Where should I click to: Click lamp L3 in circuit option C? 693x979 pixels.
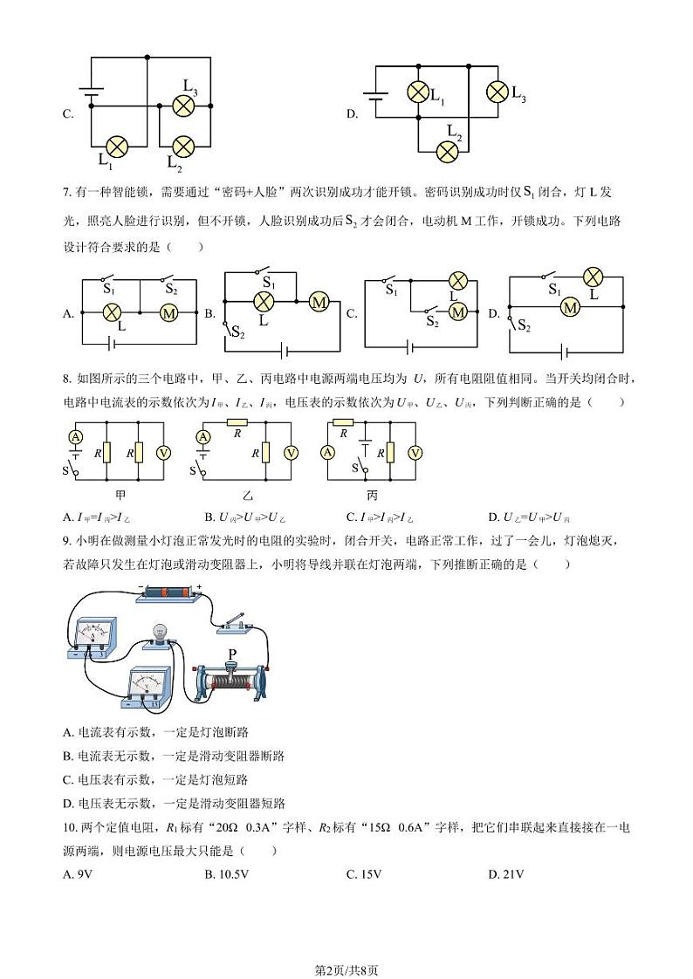(183, 106)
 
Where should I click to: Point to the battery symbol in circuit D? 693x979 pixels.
(375, 99)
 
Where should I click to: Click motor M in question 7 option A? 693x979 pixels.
(168, 312)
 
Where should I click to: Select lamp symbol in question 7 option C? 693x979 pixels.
(458, 281)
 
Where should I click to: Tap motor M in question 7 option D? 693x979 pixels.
(570, 307)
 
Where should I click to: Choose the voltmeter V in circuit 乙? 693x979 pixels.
(292, 452)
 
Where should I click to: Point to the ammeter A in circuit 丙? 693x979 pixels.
(328, 452)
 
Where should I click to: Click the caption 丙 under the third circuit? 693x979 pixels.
(373, 494)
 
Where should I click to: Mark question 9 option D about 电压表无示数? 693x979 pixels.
(175, 803)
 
